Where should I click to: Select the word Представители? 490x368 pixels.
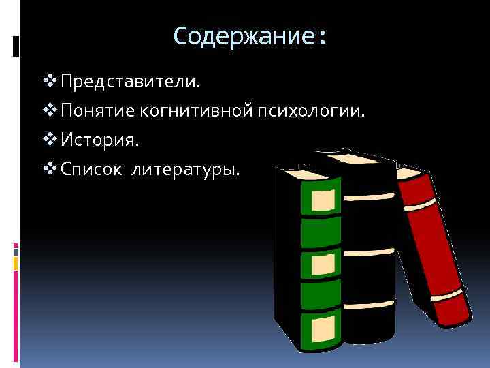(130, 82)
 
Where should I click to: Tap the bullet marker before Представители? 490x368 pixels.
(50, 82)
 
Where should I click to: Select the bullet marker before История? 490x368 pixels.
(50, 140)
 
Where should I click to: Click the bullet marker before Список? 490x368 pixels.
(50, 168)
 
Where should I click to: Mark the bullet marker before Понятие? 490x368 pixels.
(50, 110)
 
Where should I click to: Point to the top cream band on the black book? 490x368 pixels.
(367, 196)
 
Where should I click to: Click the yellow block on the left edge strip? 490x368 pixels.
(15, 262)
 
